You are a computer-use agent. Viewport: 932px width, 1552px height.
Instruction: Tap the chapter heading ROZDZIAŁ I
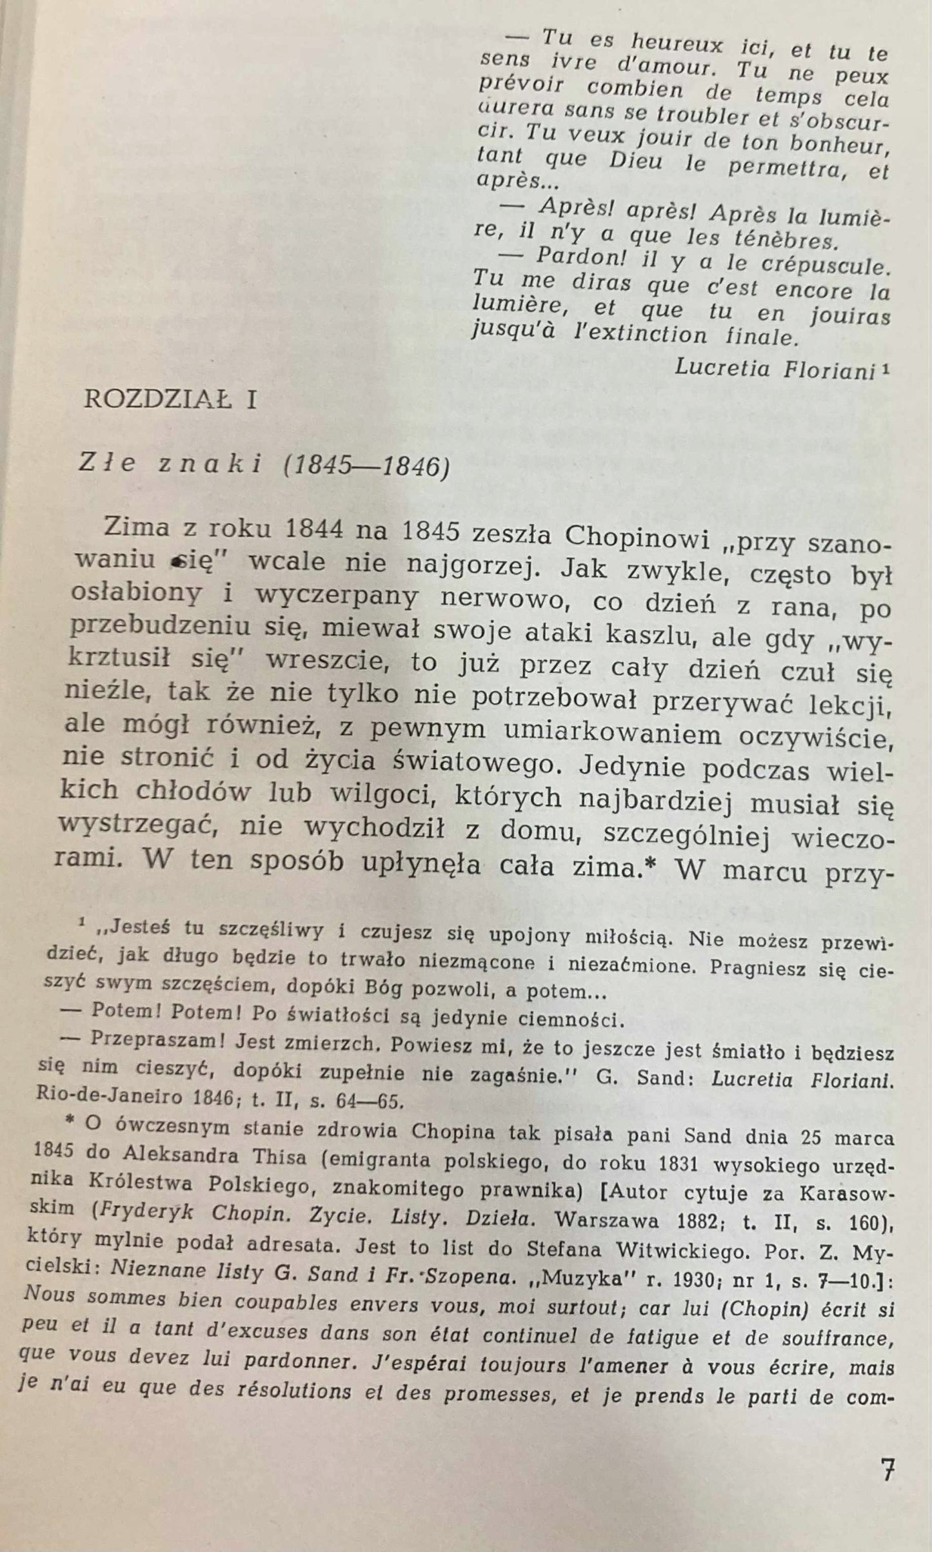point(171,400)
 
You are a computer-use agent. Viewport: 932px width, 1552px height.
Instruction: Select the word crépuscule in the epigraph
point(820,266)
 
